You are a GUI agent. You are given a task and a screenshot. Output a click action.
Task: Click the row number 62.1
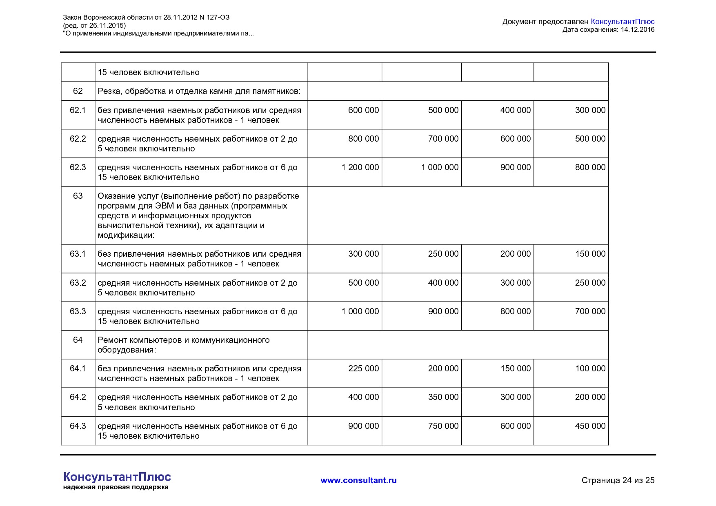coord(78,110)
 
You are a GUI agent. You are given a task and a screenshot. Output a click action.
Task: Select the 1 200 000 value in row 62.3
coord(360,167)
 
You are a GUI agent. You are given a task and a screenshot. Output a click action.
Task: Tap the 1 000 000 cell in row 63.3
coord(360,311)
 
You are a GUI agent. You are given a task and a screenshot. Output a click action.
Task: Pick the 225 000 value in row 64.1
coord(363,368)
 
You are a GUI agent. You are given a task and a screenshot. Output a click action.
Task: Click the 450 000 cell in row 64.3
coord(590,426)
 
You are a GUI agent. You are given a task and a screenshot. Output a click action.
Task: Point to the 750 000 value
coord(443,426)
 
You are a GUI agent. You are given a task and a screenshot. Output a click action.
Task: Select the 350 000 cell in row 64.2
coord(443,397)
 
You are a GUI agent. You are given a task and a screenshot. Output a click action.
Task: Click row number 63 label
coord(78,196)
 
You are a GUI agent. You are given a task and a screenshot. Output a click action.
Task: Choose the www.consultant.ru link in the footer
coord(358,480)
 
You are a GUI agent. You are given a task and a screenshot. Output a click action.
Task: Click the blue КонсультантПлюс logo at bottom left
coord(117,477)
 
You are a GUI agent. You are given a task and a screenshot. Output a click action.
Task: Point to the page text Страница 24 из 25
coord(618,480)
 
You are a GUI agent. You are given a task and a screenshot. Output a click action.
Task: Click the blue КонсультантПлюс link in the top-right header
coord(622,22)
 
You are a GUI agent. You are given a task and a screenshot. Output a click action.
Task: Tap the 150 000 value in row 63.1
coord(590,254)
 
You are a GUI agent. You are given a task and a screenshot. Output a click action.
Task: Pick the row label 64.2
coord(78,397)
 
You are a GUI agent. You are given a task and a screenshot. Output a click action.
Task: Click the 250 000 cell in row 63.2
coord(590,283)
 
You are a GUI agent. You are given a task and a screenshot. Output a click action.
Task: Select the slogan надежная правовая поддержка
coord(116,487)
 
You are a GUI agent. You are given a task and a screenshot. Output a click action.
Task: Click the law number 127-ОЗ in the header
coord(218,17)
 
